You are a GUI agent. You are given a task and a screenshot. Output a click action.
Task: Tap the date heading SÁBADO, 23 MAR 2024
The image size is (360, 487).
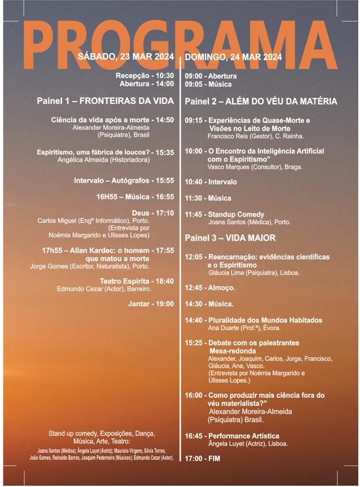tap(126, 57)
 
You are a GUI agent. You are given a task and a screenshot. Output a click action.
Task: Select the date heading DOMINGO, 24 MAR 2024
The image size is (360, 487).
tap(233, 57)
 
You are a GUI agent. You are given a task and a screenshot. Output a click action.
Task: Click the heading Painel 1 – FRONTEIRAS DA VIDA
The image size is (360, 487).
tap(105, 101)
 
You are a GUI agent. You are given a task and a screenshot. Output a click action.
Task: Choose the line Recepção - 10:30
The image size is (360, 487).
tap(145, 76)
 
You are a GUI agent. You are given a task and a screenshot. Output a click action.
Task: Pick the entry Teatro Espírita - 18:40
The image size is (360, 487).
tap(137, 281)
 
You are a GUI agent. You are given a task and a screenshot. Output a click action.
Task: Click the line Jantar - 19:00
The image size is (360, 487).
tap(151, 304)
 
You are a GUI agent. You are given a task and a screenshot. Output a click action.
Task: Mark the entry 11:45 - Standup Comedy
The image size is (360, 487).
tap(224, 214)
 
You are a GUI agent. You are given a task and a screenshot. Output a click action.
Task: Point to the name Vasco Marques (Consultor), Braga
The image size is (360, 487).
tap(256, 167)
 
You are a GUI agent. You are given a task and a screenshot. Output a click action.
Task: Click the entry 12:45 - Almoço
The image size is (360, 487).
tap(210, 287)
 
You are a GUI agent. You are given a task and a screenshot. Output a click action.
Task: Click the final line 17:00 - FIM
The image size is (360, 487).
tap(202, 458)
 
